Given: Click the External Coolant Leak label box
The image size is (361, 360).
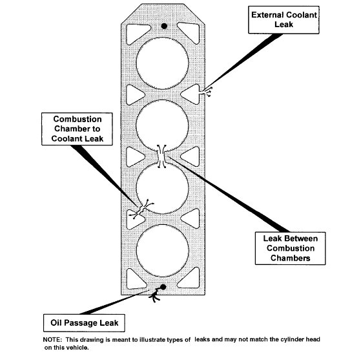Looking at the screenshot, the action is coord(284,20).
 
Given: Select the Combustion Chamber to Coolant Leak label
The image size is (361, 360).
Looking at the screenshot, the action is coord(77,129).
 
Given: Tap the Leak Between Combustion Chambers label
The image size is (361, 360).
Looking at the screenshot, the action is coord(291,248).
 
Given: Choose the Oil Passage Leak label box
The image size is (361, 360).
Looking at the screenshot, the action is coord(84,323).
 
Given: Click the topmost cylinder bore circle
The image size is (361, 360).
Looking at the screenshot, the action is coord(162,63).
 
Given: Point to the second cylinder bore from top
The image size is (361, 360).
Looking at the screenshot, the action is coord(162,126).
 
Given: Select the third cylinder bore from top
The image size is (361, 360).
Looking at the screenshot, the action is coord(162,188).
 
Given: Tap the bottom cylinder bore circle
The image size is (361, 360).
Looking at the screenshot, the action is coord(162,251).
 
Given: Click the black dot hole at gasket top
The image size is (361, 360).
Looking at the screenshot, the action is coord(164,26).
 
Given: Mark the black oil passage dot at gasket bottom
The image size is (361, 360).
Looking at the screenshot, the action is coord(163,287).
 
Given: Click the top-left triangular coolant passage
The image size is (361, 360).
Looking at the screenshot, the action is coord(137,33).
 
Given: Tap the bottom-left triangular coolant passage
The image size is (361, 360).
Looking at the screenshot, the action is coord(135,279).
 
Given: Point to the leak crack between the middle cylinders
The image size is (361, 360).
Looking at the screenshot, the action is coord(161,156).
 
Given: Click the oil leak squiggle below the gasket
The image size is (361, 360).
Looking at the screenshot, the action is coord(155,296).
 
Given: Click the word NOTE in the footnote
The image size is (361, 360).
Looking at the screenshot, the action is coord(52,340).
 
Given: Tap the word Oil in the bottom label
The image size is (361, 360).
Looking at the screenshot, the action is coord(56,323).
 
